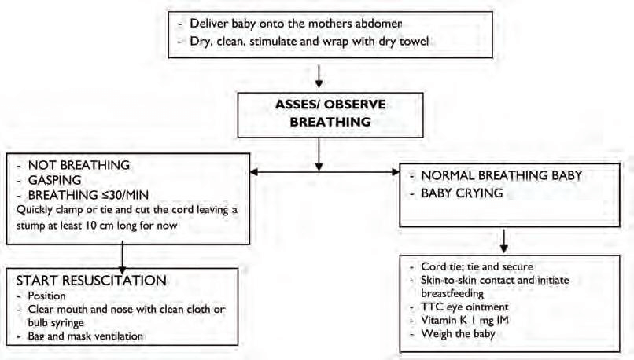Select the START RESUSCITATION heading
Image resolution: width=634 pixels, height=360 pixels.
pyautogui.click(x=91, y=281)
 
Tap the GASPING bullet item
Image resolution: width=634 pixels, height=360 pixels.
pyautogui.click(x=54, y=180)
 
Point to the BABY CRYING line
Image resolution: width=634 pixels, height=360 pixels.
pyautogui.click(x=462, y=193)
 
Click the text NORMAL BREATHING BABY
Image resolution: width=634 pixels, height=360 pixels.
pyautogui.click(x=501, y=175)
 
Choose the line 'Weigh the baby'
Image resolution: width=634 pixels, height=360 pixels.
pyautogui.click(x=458, y=334)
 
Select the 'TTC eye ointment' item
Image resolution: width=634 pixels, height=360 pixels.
pyautogui.click(x=465, y=307)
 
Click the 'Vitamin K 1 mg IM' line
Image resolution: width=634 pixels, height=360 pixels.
pyautogui.click(x=465, y=321)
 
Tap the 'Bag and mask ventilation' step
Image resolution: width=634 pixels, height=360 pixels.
pyautogui.click(x=85, y=336)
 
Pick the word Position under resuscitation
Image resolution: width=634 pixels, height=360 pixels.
pyautogui.click(x=46, y=296)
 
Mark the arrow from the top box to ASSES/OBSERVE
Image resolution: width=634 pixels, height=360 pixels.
pyautogui.click(x=319, y=76)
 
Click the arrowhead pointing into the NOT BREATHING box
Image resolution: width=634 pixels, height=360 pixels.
pyautogui.click(x=254, y=172)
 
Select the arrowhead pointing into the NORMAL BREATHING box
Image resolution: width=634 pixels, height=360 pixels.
pyautogui.click(x=396, y=172)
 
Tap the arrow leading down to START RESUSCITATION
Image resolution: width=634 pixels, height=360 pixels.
pyautogui.click(x=122, y=259)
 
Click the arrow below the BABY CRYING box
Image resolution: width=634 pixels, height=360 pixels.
pyautogui.click(x=503, y=241)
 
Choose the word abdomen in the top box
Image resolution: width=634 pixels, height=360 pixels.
pyautogui.click(x=378, y=24)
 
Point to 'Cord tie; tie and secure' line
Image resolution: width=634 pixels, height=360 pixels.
pyautogui.click(x=477, y=266)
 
